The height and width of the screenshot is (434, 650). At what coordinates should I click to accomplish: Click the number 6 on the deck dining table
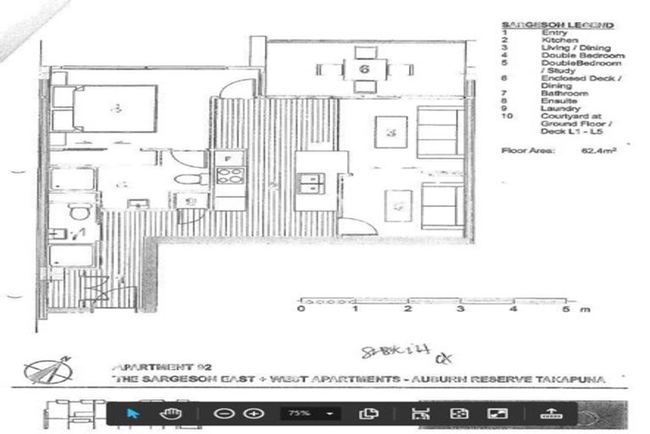(x=363, y=70)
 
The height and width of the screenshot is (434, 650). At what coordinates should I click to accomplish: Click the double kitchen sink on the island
(x=311, y=180)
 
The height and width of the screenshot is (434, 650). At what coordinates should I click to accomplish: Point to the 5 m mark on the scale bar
(x=564, y=309)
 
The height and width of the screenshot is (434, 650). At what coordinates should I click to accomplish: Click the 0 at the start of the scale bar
(x=302, y=309)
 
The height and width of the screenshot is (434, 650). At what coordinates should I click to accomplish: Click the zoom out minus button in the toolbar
(x=223, y=413)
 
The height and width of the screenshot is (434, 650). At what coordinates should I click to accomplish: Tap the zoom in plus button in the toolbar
(x=253, y=413)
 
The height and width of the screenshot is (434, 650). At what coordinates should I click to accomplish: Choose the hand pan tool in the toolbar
(x=168, y=413)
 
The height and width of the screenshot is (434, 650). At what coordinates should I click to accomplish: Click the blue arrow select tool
(x=133, y=413)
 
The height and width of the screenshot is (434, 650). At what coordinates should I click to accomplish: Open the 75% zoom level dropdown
(x=309, y=413)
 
